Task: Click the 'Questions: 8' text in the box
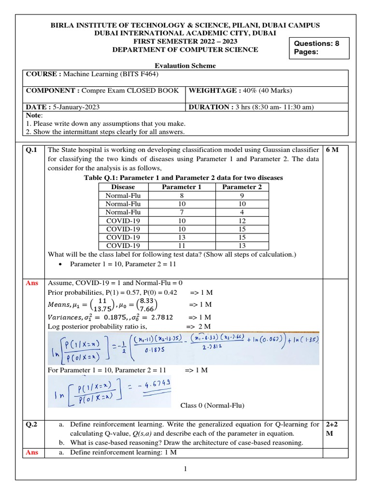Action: [316, 43]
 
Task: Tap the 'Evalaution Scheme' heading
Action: [185, 66]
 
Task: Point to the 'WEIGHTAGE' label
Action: [210, 90]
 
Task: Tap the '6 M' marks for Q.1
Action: [333, 150]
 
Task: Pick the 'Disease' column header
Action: [123, 187]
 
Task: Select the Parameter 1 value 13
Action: [181, 237]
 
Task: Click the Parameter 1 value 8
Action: [181, 196]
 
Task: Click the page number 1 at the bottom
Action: [185, 469]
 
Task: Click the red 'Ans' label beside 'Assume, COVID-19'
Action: [32, 283]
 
